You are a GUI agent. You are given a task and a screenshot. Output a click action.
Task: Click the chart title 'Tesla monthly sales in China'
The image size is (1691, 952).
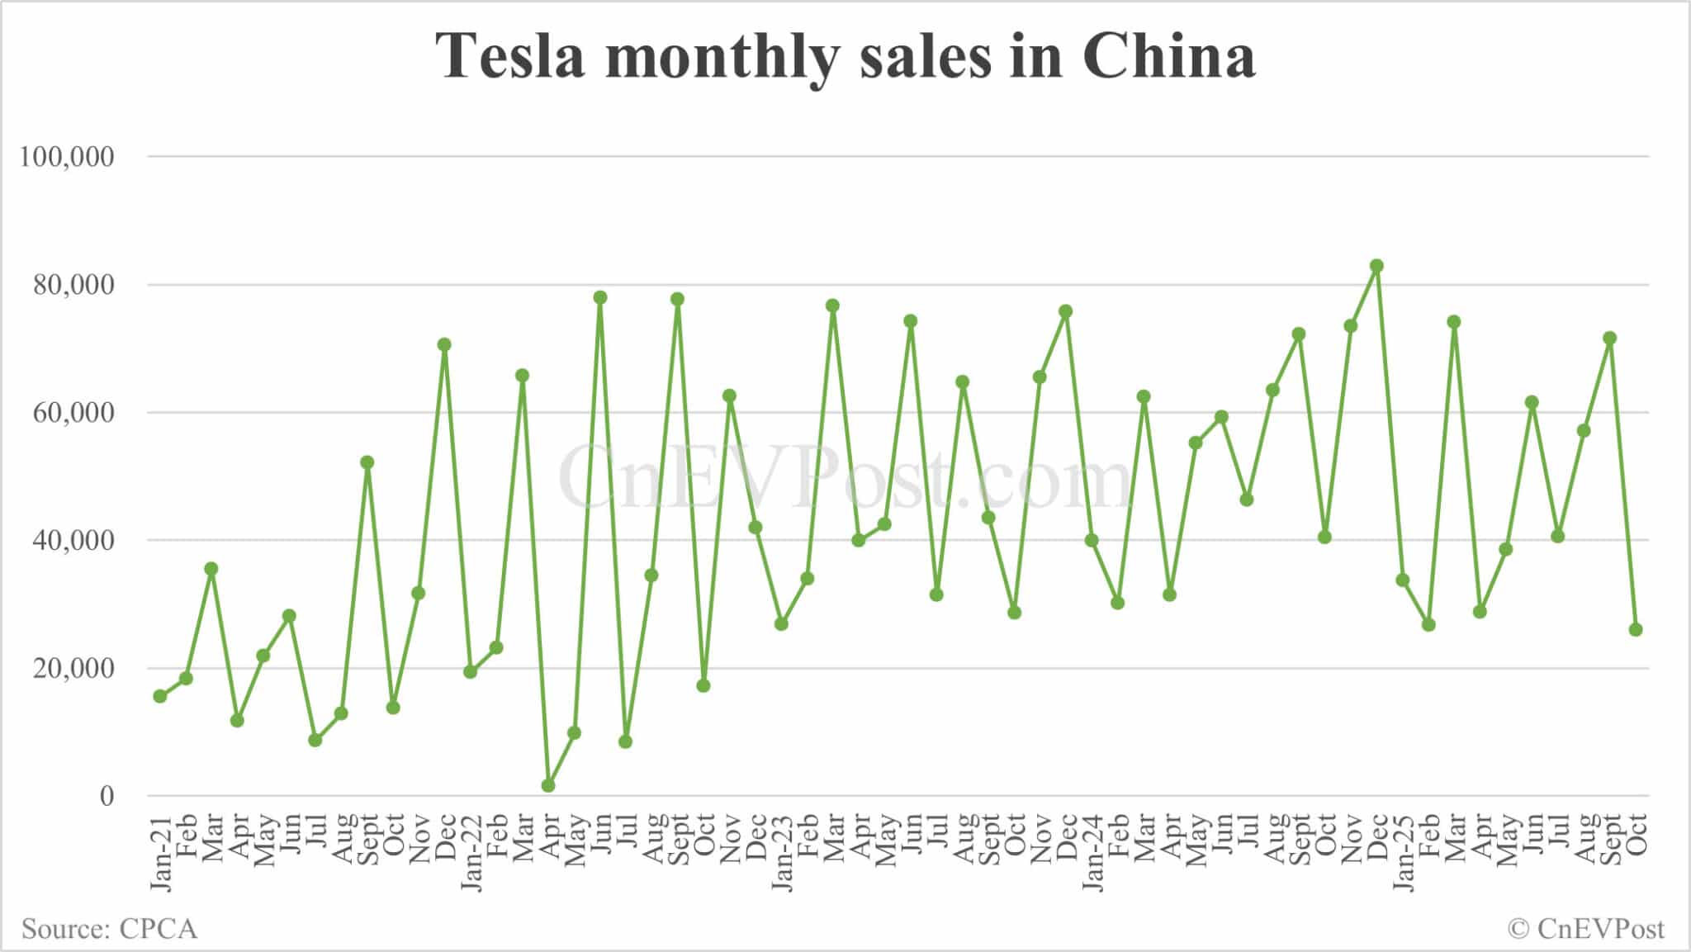pos(845,56)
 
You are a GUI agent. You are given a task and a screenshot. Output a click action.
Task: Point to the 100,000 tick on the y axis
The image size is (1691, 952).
pos(67,156)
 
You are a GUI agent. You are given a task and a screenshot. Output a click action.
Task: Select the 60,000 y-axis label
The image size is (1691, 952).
pos(73,413)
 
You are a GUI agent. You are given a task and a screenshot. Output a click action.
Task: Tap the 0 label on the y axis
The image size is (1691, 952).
pos(107,796)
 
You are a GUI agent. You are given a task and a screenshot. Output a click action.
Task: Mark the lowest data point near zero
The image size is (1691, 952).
pos(548,785)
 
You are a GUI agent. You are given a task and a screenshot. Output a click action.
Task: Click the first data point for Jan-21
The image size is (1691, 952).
pos(160,696)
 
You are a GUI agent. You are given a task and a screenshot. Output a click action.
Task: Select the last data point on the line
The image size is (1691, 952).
pos(1636,629)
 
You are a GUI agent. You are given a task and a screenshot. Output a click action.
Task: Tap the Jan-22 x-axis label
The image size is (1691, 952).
pos(471,852)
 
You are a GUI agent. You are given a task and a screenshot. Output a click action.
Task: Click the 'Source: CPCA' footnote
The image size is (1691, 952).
pos(109,929)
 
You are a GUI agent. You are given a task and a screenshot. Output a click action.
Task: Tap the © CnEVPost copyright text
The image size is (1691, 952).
pos(1585,929)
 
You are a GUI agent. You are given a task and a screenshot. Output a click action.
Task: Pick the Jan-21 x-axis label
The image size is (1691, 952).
pos(161,852)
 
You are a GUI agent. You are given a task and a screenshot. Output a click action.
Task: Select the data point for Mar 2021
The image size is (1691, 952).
pos(211,568)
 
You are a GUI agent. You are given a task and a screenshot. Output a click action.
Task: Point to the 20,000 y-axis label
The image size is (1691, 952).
pos(73,668)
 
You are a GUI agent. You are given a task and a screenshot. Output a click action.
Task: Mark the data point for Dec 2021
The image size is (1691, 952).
pos(444,344)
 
